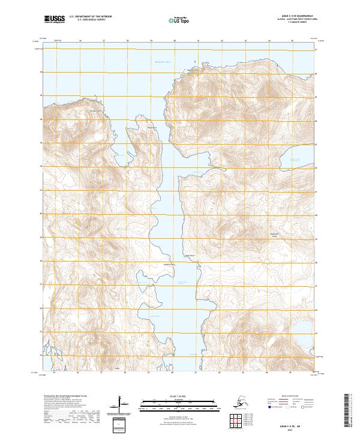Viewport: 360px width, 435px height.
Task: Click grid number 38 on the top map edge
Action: [x=127, y=41]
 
